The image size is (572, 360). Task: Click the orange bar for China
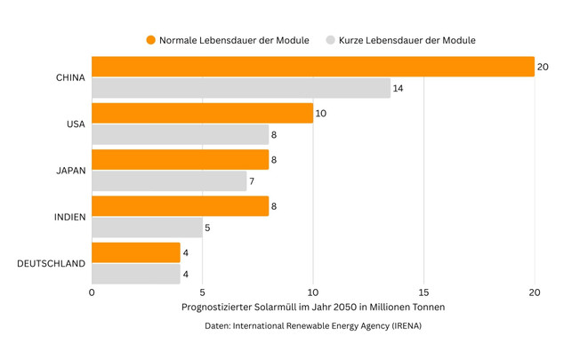click(x=311, y=67)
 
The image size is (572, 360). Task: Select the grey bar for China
click(x=240, y=89)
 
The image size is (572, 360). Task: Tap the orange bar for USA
click(x=202, y=113)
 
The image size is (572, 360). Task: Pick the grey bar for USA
click(x=180, y=135)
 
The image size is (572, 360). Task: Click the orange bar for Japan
click(x=180, y=159)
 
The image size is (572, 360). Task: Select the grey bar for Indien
click(x=147, y=228)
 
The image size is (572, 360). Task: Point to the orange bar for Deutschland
click(x=135, y=252)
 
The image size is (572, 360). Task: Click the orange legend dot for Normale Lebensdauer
click(x=150, y=40)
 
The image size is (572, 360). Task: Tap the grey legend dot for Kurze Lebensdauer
click(x=330, y=40)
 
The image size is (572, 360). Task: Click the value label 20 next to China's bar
click(x=543, y=67)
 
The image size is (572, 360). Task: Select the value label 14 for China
click(x=399, y=89)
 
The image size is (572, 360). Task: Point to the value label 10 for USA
click(x=321, y=113)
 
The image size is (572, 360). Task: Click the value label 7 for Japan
click(x=252, y=181)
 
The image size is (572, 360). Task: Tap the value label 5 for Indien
click(x=208, y=228)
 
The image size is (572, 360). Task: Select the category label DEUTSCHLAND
click(x=51, y=263)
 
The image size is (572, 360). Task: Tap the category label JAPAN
click(x=69, y=171)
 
